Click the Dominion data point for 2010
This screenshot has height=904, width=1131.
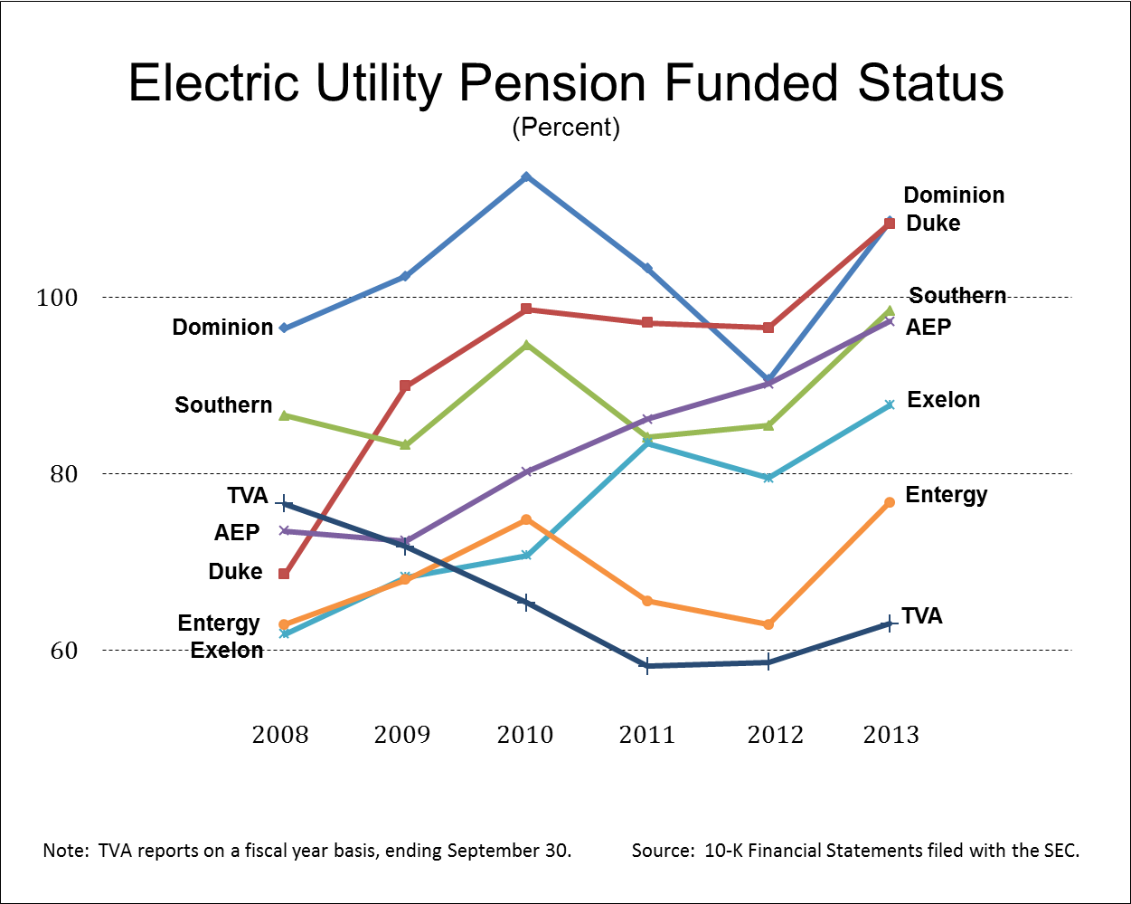(x=526, y=176)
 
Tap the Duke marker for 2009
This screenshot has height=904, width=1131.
(x=405, y=386)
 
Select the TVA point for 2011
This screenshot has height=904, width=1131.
(x=646, y=666)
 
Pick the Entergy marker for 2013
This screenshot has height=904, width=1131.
(x=889, y=502)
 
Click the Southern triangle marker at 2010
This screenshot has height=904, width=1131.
(x=526, y=345)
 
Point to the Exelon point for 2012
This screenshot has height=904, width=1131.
(x=768, y=477)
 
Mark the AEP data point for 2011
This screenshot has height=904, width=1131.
(x=646, y=419)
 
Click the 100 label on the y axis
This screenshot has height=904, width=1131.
(x=57, y=298)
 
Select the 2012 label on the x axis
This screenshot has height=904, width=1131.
(x=775, y=735)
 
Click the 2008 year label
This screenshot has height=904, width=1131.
(x=280, y=735)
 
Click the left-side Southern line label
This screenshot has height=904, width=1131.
(x=223, y=404)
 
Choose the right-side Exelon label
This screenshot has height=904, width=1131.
(x=943, y=400)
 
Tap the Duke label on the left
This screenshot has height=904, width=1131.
(x=235, y=572)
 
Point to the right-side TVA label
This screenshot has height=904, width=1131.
(x=922, y=616)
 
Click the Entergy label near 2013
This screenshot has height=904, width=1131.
(x=946, y=495)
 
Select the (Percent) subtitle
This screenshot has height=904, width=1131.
(x=566, y=128)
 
